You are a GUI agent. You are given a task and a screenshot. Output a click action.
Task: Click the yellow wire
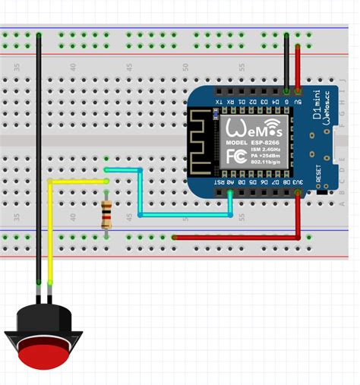51,228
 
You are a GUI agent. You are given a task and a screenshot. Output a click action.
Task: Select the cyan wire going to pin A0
182,215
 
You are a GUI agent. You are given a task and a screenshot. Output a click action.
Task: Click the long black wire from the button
38,152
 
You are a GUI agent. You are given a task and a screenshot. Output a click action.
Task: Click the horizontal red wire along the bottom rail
235,238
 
